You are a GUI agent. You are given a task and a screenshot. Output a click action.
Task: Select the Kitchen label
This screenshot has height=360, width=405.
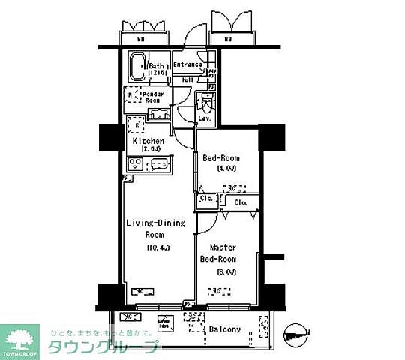click(x=148, y=141)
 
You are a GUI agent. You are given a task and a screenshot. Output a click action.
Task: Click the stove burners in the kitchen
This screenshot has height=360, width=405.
click(x=136, y=164)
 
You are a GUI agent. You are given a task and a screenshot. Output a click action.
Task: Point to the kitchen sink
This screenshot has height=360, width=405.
click(x=161, y=164)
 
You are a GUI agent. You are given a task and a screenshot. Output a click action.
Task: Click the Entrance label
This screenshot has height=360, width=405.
click(x=187, y=64)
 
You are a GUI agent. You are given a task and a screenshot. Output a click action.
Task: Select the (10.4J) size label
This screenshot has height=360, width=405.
click(x=157, y=247)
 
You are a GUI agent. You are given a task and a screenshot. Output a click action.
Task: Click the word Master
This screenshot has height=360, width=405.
click(x=223, y=247)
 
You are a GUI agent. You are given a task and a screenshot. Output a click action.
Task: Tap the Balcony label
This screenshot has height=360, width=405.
click(x=225, y=329)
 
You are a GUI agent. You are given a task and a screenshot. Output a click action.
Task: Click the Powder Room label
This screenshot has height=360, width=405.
click(x=154, y=97)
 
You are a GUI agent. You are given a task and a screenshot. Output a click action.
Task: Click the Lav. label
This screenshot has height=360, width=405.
click(x=204, y=119)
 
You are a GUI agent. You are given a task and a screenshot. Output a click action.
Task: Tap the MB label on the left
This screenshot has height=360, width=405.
click(x=140, y=39)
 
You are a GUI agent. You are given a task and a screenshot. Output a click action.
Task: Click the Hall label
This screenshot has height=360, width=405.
click(x=187, y=79)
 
